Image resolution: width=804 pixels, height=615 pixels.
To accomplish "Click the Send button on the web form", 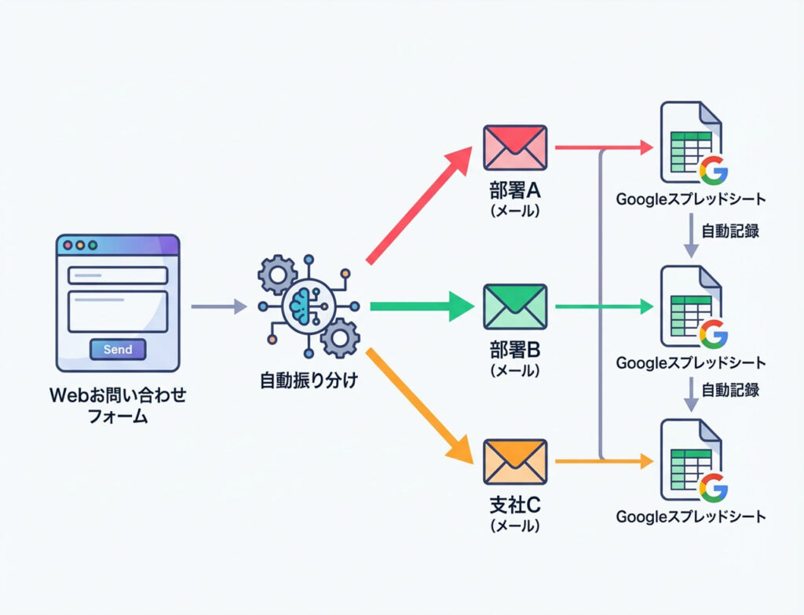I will (x=118, y=349).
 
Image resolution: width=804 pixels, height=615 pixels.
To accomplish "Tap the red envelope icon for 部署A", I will (x=514, y=147).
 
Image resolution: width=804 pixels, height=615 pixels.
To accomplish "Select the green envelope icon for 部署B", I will (x=514, y=306).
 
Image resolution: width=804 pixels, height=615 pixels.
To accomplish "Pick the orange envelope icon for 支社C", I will (x=514, y=461).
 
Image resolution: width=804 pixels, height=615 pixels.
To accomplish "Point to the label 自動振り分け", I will (x=309, y=382).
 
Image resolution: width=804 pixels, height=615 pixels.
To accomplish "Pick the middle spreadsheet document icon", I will (x=690, y=307).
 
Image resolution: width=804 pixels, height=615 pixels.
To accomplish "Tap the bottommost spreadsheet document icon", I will (x=690, y=461).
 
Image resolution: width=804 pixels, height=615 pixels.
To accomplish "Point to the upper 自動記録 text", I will (x=731, y=231).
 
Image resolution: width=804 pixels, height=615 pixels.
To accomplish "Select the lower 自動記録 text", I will (x=731, y=389).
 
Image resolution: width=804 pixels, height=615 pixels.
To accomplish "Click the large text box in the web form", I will (x=118, y=311).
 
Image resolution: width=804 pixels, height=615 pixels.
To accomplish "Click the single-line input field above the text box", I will (x=118, y=275).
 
